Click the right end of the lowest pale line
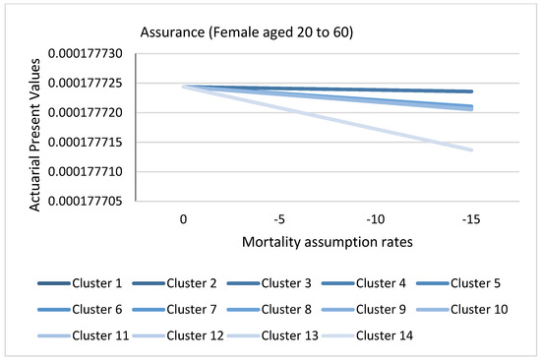[472, 150]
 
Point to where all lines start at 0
[184, 87]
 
